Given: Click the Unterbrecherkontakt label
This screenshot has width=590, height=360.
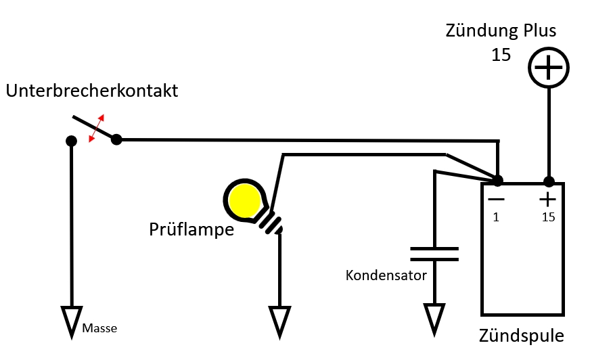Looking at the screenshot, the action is (x=92, y=91).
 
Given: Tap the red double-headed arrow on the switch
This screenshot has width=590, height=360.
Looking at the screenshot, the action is (x=96, y=129).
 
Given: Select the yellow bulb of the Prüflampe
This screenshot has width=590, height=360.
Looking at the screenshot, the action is (x=245, y=200).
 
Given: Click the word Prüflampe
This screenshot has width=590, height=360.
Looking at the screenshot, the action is (x=191, y=229).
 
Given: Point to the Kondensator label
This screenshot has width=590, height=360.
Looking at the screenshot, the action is (x=386, y=275).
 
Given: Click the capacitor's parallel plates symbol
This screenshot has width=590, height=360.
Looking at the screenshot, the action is (x=434, y=254).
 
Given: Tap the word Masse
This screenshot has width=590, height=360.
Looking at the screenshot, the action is (x=99, y=328).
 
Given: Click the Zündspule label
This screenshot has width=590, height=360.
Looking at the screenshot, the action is (x=521, y=336).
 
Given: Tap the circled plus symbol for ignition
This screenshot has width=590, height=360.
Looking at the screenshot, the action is (x=549, y=68).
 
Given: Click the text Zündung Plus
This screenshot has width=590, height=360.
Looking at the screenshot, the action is (x=501, y=30).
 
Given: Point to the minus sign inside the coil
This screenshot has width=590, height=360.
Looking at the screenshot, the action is (x=497, y=199).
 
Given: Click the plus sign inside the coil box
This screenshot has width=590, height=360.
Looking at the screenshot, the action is (x=547, y=200).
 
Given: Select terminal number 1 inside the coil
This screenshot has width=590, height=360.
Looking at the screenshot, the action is (x=496, y=217).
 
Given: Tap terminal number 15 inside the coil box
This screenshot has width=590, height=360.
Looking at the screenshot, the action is (x=548, y=217).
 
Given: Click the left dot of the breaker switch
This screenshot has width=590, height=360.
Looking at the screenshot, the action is (x=71, y=141).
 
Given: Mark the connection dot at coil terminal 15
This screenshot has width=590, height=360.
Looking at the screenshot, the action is (x=549, y=182).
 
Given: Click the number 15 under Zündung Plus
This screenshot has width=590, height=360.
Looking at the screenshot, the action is (x=501, y=55).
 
